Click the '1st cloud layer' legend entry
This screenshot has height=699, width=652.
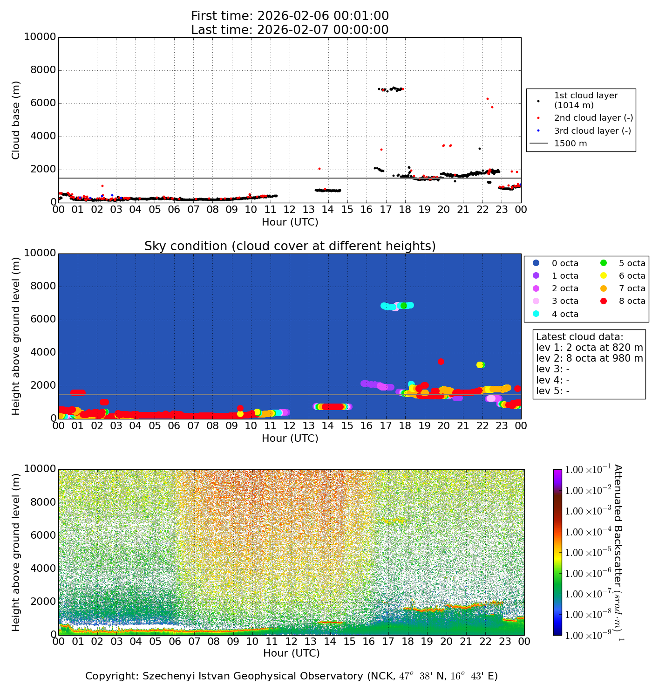pos(585,100)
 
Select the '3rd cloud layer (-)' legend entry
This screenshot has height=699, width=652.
pos(592,131)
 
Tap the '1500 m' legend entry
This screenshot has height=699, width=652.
pos(570,144)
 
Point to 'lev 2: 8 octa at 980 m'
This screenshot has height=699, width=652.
pos(589,358)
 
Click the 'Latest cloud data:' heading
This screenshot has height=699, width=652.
pos(579,337)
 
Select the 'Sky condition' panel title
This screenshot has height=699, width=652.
pos(290,246)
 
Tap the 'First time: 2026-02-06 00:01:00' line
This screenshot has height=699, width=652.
pos(290,16)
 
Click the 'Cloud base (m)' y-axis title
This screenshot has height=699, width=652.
pos(16,120)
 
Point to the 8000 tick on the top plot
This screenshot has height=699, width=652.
pos(43,70)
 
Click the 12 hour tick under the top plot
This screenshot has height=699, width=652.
pos(290,210)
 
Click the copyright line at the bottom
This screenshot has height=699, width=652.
pos(292,676)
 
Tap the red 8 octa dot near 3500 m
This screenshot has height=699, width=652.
pos(441,362)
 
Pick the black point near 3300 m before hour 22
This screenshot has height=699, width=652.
pos(479,149)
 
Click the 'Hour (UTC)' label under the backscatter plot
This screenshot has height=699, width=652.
pos(292,653)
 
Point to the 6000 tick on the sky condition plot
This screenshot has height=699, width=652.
pos(43,320)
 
